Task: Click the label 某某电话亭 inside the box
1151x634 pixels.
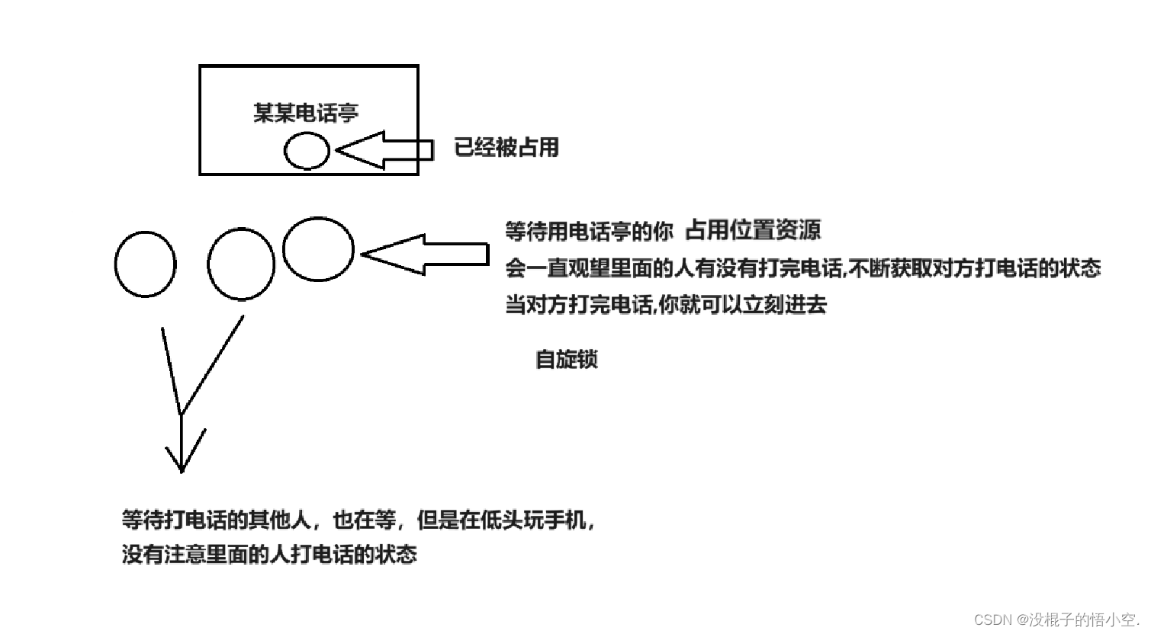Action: [x=305, y=114]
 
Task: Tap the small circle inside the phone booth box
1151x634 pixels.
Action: [x=307, y=150]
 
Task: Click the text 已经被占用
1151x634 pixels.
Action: [x=506, y=146]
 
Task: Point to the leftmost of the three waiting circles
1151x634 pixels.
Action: [x=145, y=264]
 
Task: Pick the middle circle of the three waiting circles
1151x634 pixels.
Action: [x=241, y=264]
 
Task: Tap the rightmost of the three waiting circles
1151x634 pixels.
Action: [x=318, y=248]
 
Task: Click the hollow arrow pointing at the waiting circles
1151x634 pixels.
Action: [x=425, y=254]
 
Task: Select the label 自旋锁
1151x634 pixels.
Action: [x=566, y=359]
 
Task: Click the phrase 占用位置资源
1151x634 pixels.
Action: [x=752, y=229]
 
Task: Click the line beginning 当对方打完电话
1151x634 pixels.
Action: [x=665, y=305]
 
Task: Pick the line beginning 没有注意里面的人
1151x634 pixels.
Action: [x=269, y=554]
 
